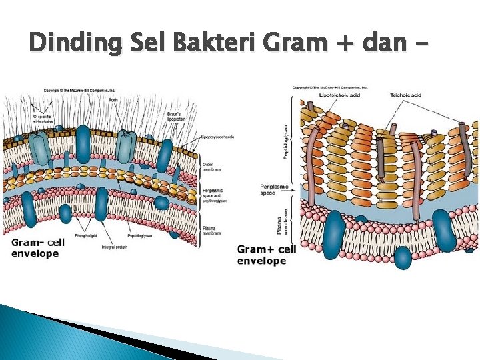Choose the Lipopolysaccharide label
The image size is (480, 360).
pos(218,137)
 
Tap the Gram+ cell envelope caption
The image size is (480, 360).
pos(267,255)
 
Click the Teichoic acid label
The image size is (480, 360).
pos(405,95)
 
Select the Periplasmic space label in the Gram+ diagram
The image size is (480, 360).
pos(274,189)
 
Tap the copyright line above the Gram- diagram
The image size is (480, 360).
pos(80,90)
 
